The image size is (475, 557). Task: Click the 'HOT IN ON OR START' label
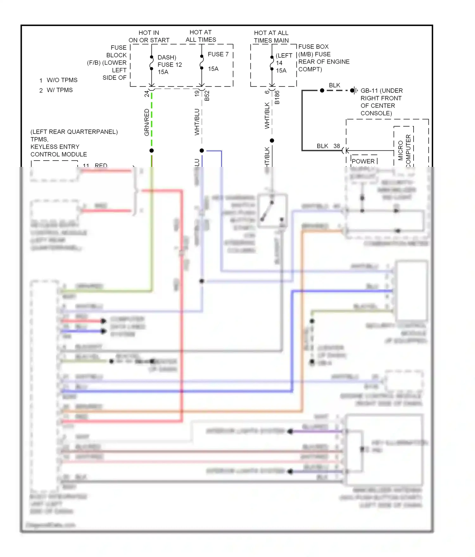coord(149,36)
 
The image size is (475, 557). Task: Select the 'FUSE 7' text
coord(218,54)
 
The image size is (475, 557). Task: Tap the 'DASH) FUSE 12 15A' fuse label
coord(169,65)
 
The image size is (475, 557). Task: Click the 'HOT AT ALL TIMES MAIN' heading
coord(271,37)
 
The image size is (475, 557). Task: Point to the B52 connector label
coord(207,96)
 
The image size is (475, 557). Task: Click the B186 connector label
coord(277,97)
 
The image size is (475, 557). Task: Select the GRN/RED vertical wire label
coord(147,122)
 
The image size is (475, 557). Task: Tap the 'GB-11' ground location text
coord(381,91)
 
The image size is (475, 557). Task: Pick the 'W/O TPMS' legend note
coord(62,80)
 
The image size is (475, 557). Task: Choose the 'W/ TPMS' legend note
coord(60,90)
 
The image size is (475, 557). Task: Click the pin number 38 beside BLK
coord(337,146)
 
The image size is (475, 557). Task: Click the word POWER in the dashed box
coord(363,161)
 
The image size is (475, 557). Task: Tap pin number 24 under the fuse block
coord(147,93)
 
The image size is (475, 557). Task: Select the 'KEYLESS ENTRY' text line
coord(55,147)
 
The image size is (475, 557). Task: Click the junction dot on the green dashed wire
coord(152,150)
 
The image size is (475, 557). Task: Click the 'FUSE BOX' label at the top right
coord(313,47)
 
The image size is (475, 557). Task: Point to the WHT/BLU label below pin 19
coord(197,122)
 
